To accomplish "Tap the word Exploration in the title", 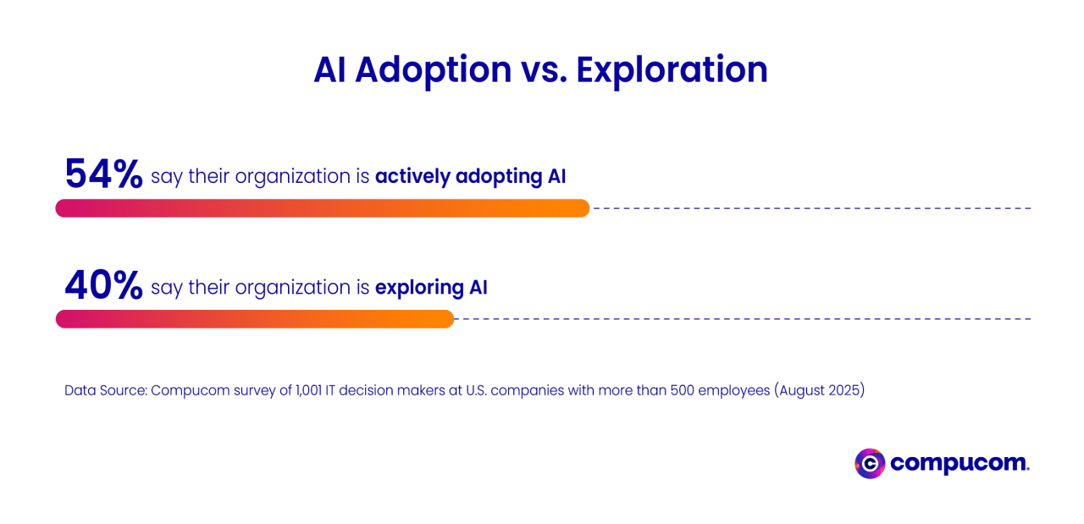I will [672, 69].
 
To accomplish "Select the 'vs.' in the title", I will [544, 69].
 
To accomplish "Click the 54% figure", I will [103, 174].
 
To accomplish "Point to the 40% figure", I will [103, 286].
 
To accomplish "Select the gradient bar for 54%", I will [322, 208].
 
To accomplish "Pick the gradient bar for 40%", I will [254, 319].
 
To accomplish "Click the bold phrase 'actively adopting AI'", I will [470, 177].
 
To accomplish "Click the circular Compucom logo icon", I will [870, 464].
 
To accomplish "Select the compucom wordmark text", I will [960, 464].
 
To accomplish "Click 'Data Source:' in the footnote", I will [105, 391].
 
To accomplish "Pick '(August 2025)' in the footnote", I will [819, 391].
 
